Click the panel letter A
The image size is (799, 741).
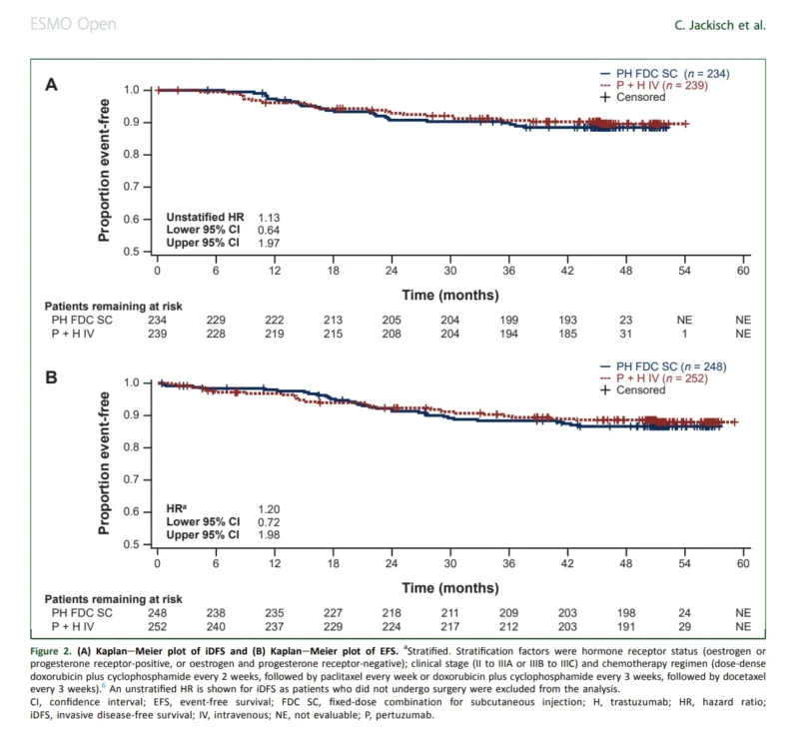(52, 85)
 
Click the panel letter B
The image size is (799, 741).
(52, 377)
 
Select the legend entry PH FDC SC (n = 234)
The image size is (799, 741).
(664, 74)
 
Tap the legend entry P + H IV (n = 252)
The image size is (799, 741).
(654, 378)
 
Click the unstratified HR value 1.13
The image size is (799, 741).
(269, 218)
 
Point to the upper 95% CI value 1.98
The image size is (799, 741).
(269, 535)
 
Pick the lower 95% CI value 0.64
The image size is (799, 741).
(269, 231)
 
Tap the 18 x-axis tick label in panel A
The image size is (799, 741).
(334, 271)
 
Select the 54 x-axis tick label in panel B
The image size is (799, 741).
(684, 563)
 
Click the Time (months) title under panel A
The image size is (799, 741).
(450, 295)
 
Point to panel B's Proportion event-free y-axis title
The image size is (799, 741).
(104, 463)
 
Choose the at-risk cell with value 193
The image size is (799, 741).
(567, 320)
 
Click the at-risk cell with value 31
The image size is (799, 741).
(626, 334)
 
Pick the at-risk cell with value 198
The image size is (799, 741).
(626, 613)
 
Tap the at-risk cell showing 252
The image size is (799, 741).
(157, 627)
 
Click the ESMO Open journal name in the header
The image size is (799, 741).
(73, 24)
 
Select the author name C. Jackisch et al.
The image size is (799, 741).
(720, 25)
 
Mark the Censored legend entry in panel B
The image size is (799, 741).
(633, 390)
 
